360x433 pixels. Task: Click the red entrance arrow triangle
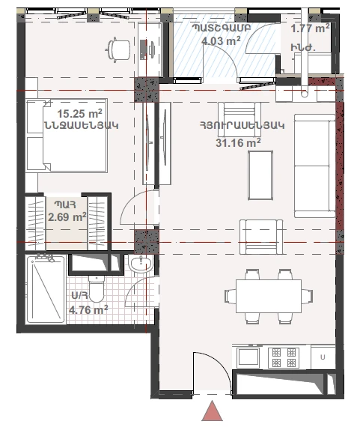pyautogui.click(x=212, y=411)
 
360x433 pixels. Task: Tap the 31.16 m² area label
pyautogui.click(x=238, y=143)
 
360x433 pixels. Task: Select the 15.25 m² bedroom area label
pyautogui.click(x=79, y=114)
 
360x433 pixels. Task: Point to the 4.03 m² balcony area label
pyautogui.click(x=221, y=41)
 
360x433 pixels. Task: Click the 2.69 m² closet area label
pyautogui.click(x=67, y=216)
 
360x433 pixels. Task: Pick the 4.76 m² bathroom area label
pyautogui.click(x=88, y=309)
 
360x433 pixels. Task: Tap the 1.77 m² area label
pyautogui.click(x=310, y=28)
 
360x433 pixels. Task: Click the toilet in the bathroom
pyautogui.click(x=96, y=289)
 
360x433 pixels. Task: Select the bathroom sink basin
pyautogui.click(x=140, y=264)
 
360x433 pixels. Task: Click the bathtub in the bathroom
pyautogui.click(x=46, y=289)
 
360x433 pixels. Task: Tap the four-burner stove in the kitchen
pyautogui.click(x=284, y=357)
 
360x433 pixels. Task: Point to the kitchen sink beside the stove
pyautogui.click(x=248, y=357)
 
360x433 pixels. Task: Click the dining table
pyautogui.click(x=269, y=296)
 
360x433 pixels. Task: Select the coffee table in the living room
pyautogui.click(x=260, y=175)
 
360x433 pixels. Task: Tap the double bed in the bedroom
pyautogui.click(x=67, y=136)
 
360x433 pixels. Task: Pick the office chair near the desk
pyautogui.click(x=118, y=49)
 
